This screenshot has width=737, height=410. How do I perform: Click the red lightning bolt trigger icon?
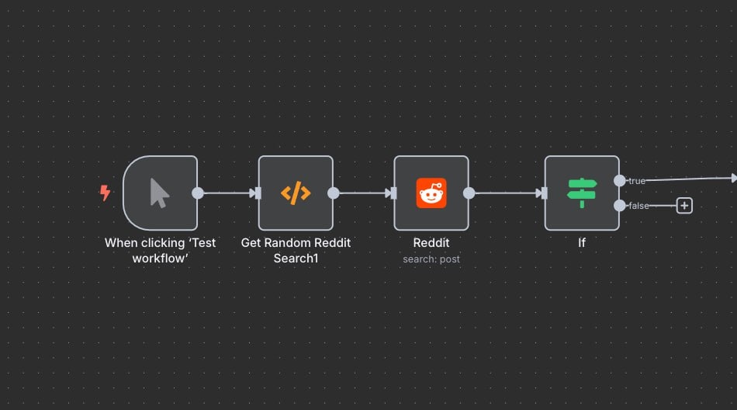(x=105, y=193)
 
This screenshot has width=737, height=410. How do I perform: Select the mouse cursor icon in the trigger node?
(x=160, y=193)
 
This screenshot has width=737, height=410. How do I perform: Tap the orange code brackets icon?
(x=296, y=193)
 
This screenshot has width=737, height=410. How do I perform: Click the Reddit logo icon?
(x=431, y=193)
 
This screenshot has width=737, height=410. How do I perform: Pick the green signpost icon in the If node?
(x=582, y=193)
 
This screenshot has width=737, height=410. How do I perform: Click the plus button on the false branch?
(x=684, y=206)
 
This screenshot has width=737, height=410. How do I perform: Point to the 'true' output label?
(x=637, y=181)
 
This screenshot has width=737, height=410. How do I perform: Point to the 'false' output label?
(x=639, y=206)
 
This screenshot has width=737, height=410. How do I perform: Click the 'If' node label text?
(x=582, y=242)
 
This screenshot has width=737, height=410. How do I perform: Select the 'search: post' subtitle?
(x=431, y=259)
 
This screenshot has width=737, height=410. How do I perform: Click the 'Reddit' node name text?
(x=431, y=242)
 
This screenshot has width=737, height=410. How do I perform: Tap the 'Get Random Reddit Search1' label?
(x=296, y=250)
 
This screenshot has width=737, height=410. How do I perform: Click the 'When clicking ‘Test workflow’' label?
(x=161, y=250)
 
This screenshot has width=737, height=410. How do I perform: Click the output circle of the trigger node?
(x=198, y=193)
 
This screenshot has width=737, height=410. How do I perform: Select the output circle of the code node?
(x=334, y=193)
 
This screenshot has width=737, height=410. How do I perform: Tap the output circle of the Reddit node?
(x=469, y=193)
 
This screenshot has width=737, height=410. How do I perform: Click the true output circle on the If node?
(x=619, y=181)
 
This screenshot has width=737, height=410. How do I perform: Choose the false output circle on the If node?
(x=619, y=206)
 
